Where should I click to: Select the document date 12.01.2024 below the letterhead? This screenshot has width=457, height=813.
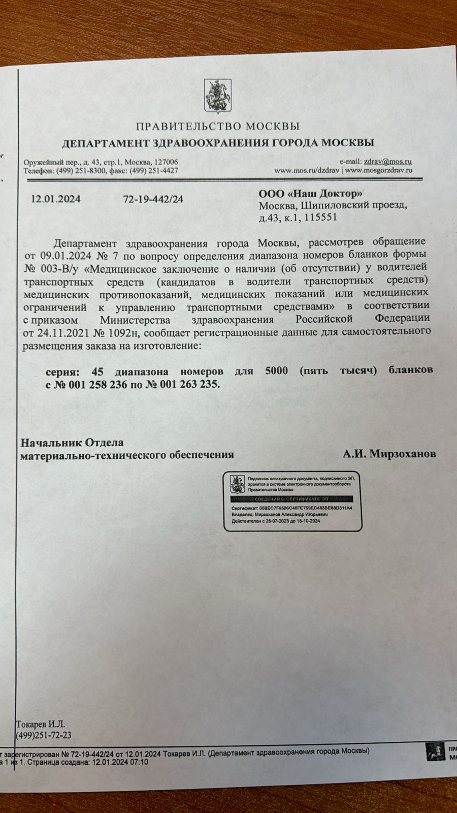[56, 199]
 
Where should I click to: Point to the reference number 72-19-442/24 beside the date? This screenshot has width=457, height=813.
[153, 199]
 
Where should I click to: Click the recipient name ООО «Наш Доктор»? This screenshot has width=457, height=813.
[311, 194]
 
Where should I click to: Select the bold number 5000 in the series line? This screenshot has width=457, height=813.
[276, 370]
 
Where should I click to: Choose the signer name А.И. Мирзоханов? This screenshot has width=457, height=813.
[389, 454]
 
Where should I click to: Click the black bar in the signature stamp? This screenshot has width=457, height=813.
[292, 500]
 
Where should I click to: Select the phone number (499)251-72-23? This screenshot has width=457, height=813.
[44, 735]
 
